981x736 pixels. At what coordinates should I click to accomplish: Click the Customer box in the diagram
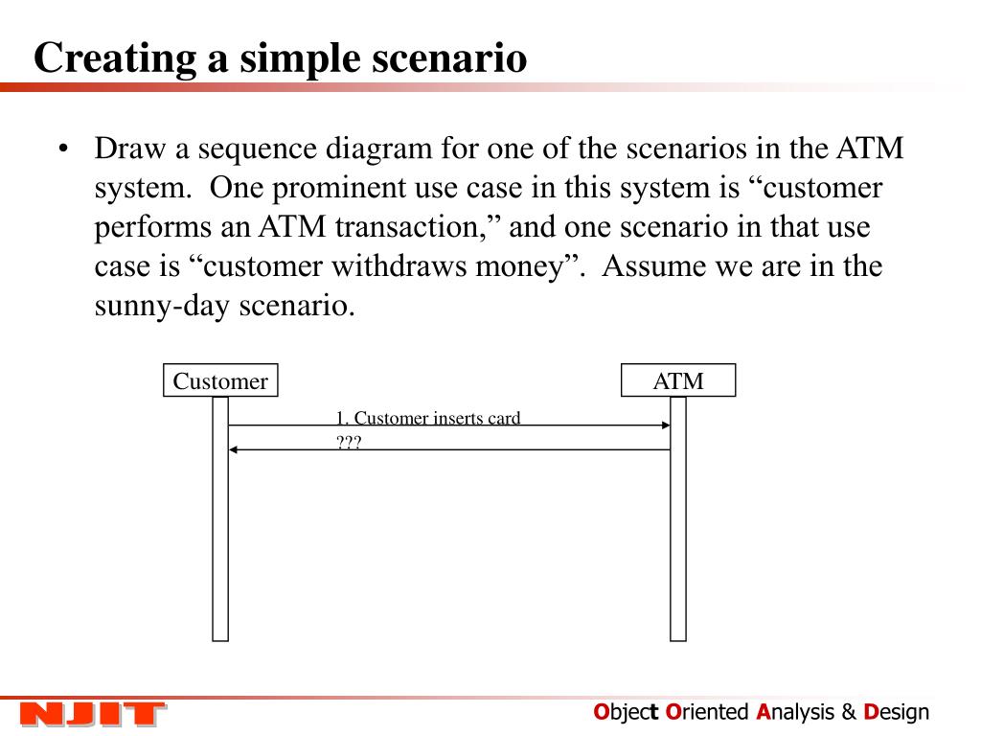pyautogui.click(x=220, y=381)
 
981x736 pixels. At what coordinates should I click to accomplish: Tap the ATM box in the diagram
pyautogui.click(x=678, y=381)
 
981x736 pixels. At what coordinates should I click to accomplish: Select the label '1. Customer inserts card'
pyautogui.click(x=427, y=418)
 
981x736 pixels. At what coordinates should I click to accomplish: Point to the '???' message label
pyautogui.click(x=348, y=442)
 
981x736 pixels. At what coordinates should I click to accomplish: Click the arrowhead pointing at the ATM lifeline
pyautogui.click(x=665, y=425)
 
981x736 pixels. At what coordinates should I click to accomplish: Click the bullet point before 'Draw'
pyautogui.click(x=63, y=150)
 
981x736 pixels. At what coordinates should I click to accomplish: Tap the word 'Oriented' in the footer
pyautogui.click(x=707, y=712)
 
